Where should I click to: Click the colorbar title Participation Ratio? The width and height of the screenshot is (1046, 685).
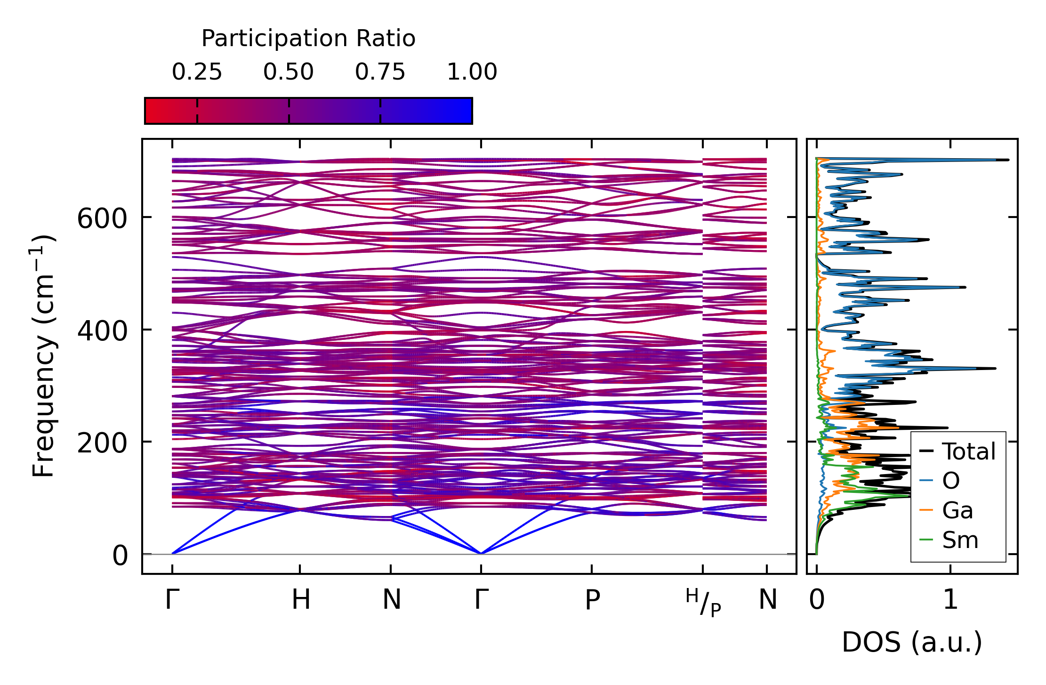tap(308, 39)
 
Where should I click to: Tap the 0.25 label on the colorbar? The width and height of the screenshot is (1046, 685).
tap(197, 73)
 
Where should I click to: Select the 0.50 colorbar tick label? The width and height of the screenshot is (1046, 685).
tap(288, 73)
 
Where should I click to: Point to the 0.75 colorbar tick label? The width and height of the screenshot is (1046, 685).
tap(380, 73)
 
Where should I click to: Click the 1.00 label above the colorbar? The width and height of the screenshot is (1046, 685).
tap(472, 73)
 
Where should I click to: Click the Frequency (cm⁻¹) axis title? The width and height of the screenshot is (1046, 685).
tap(44, 356)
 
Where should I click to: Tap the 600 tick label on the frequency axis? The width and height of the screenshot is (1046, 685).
tap(102, 219)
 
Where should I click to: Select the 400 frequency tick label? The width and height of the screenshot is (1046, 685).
tap(102, 331)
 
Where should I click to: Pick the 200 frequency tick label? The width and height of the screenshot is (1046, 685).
tap(102, 443)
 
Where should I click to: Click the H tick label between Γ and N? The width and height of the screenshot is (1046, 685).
tap(300, 600)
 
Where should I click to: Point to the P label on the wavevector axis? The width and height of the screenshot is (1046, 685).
tap(592, 600)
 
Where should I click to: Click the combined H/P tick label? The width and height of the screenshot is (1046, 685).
tap(703, 603)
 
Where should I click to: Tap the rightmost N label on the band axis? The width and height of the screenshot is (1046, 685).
tap(768, 600)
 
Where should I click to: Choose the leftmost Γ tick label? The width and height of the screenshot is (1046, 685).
tap(172, 600)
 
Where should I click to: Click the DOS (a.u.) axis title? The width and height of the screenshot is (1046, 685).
tap(912, 643)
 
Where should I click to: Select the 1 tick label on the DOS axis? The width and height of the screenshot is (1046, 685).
tap(950, 600)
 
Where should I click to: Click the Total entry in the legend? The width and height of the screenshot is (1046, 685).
tap(968, 451)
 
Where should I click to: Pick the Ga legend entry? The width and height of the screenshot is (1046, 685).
tap(957, 511)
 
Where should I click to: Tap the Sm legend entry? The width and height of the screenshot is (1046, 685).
tap(960, 540)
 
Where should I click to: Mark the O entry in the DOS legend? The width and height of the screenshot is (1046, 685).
tap(950, 481)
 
